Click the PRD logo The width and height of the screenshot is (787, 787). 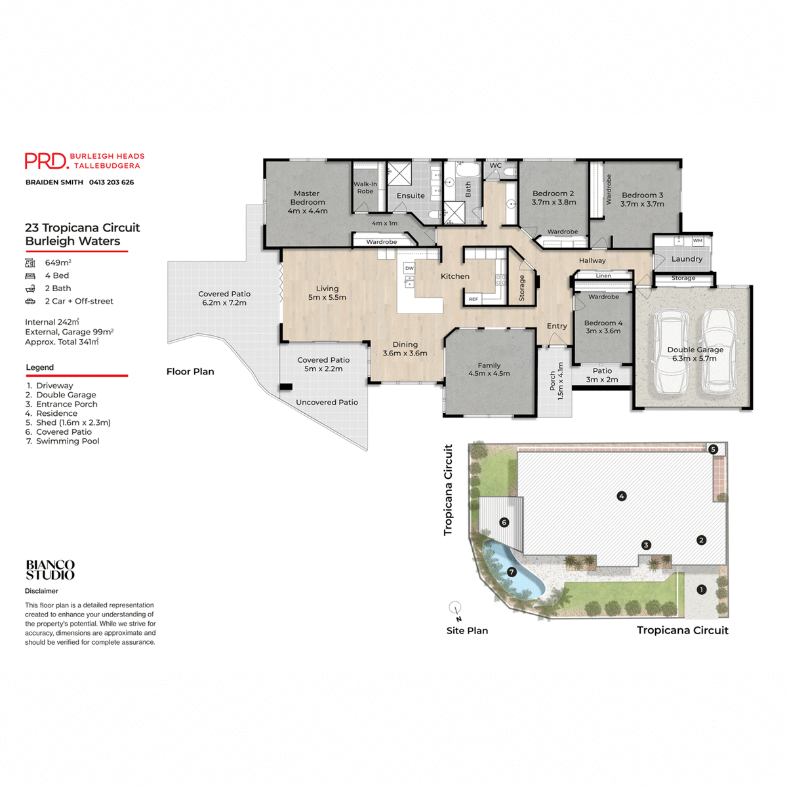46,161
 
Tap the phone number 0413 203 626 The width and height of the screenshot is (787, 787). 111,182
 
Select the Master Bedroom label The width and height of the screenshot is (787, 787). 307,198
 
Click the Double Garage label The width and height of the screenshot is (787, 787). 695,350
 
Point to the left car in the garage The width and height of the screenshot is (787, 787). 670,352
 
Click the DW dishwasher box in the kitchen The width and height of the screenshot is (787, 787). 409,268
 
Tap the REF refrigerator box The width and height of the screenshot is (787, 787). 473,299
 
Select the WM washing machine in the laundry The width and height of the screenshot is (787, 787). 697,241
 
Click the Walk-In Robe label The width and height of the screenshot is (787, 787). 365,188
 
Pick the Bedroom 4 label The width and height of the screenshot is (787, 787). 603,323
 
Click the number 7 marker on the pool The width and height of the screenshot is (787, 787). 512,572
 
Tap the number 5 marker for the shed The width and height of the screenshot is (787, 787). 713,449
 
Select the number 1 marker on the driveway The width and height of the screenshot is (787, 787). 701,590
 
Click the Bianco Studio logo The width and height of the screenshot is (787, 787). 50,570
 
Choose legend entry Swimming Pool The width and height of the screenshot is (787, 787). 68,441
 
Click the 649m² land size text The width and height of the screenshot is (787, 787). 58,262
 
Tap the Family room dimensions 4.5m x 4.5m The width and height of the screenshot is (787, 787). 489,374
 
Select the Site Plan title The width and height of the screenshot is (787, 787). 467,631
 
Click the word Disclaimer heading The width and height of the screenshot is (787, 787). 41,591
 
